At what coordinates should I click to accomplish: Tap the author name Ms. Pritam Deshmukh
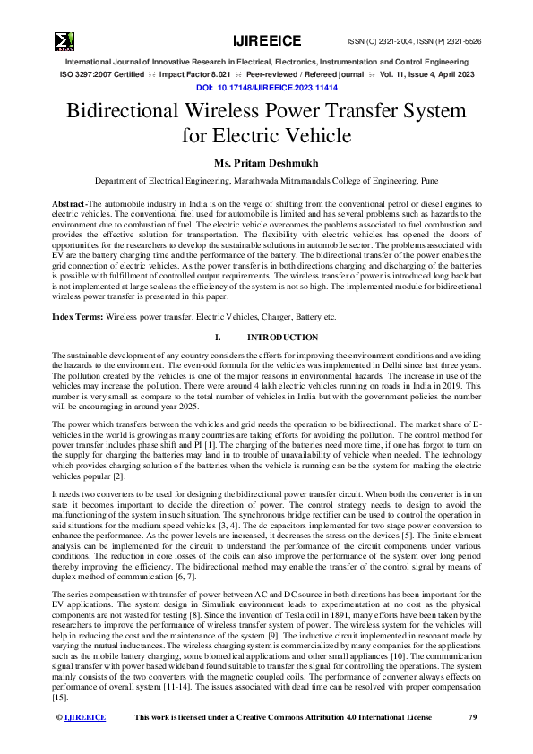click(266, 163)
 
